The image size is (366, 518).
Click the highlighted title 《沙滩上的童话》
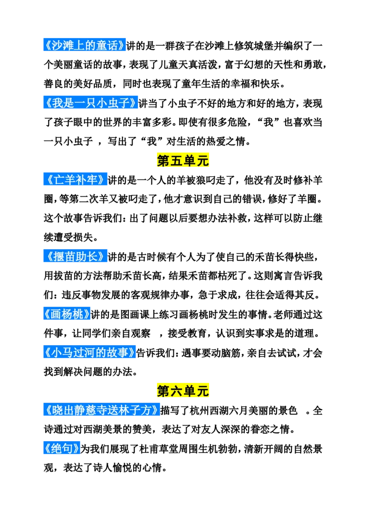tap(85, 45)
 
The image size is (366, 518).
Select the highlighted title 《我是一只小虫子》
tap(91, 103)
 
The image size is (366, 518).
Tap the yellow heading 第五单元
tap(183, 161)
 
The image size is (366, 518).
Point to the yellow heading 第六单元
tap(183, 391)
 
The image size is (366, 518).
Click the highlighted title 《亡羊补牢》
tap(75, 180)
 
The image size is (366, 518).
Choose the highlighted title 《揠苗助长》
tap(75, 256)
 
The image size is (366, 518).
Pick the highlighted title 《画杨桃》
tap(67, 314)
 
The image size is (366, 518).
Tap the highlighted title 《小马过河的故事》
tap(90, 352)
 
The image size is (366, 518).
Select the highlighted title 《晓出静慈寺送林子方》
tap(102, 410)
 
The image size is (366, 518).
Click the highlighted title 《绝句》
tap(62, 448)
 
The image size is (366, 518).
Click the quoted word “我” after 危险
tap(268, 123)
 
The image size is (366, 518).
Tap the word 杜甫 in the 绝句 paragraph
tap(149, 448)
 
